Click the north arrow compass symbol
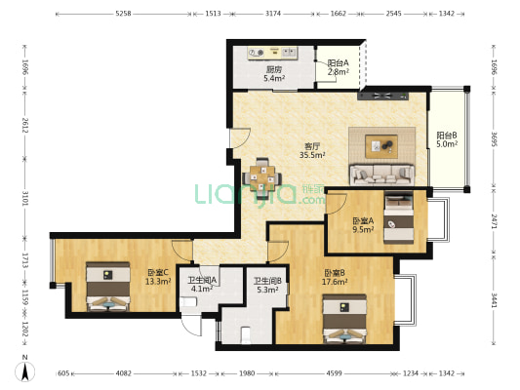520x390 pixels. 24,371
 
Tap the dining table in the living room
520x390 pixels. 262,178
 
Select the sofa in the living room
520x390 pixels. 382,175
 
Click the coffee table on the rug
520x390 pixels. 381,146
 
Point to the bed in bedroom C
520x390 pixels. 107,287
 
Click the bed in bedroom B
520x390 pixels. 345,319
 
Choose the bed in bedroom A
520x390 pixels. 399,217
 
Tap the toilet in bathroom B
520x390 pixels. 246,335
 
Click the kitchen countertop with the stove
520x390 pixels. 272,53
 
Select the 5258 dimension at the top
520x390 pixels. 123,14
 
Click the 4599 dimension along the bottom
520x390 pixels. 334,373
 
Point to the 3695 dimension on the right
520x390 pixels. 494,139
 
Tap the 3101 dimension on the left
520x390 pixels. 25,198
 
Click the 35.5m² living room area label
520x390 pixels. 312,155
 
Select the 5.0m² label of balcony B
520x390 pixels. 447,143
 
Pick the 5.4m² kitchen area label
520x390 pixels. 274,79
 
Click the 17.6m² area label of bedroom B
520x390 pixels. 335,282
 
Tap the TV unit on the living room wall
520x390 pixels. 383,97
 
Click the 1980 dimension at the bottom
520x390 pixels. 247,373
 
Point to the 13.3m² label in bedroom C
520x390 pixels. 158,282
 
